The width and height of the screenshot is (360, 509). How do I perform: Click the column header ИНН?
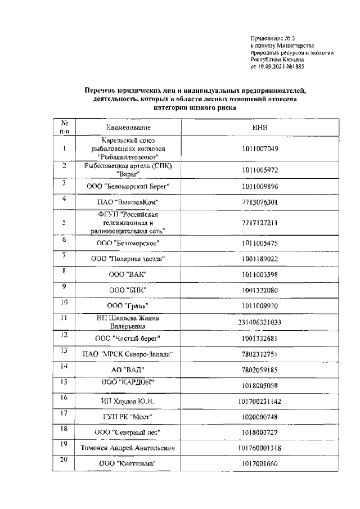[260, 128]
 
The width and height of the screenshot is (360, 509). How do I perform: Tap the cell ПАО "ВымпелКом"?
[128, 202]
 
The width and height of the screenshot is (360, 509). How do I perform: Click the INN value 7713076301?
[260, 202]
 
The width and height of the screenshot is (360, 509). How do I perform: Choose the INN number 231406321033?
[260, 322]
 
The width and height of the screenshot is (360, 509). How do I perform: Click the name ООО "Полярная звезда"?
[128, 259]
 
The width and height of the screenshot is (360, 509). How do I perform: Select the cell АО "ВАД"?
[128, 369]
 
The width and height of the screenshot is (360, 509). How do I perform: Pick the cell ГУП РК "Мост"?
[128, 417]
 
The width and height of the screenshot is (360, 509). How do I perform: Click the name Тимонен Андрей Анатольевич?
[128, 448]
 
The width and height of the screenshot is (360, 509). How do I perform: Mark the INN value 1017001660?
[260, 464]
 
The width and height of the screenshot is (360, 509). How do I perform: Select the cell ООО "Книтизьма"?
[128, 464]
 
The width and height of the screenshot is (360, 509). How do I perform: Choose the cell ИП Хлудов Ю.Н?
[128, 401]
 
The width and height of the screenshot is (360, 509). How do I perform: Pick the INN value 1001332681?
[260, 337]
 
